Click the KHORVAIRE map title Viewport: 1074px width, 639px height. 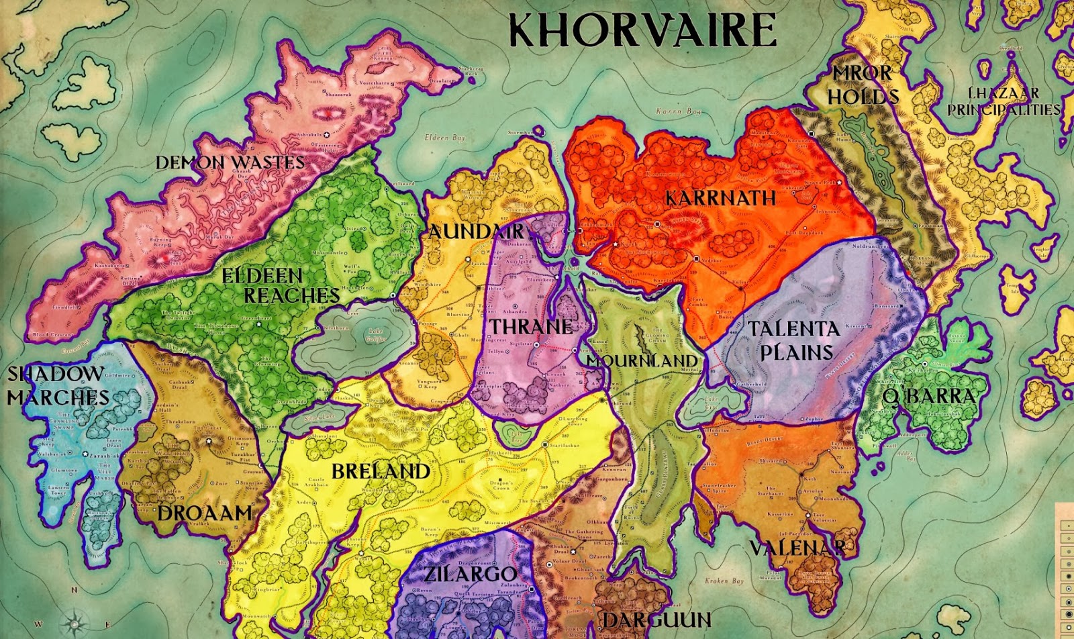(642, 30)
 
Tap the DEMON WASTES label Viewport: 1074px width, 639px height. (230, 162)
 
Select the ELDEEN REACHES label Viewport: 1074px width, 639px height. (282, 285)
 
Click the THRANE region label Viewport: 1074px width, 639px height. (531, 327)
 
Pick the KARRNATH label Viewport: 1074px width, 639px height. (720, 198)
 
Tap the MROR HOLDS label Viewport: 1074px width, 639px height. (863, 85)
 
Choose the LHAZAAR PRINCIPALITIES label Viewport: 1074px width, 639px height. (1004, 101)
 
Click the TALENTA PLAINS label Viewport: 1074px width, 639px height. (794, 340)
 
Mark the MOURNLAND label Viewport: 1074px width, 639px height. (642, 360)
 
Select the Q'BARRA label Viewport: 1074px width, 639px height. (929, 396)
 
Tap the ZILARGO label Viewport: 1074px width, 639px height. (471, 574)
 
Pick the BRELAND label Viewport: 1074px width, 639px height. (381, 471)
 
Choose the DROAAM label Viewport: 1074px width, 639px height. (204, 513)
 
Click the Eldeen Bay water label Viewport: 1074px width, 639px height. (444, 138)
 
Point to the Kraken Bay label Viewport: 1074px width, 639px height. (724, 581)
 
